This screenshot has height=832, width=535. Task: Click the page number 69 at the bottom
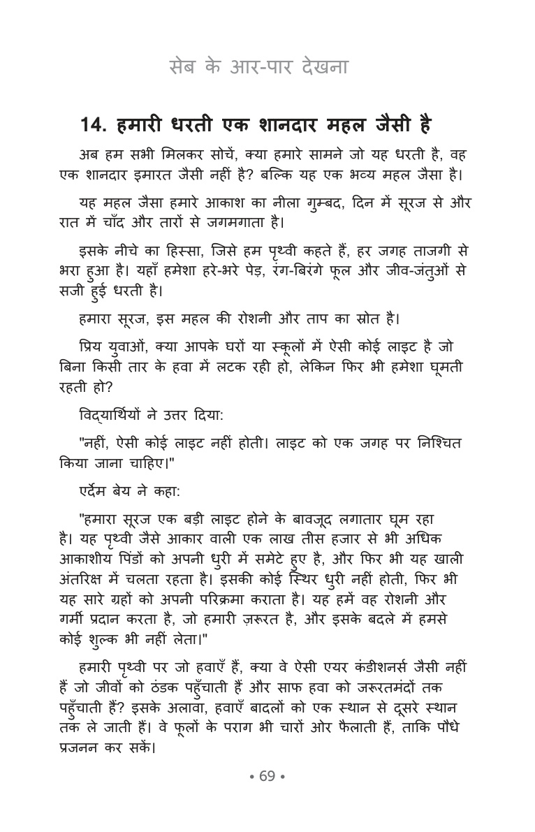tap(267, 777)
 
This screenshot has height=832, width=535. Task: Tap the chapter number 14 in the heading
tap(91, 126)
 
